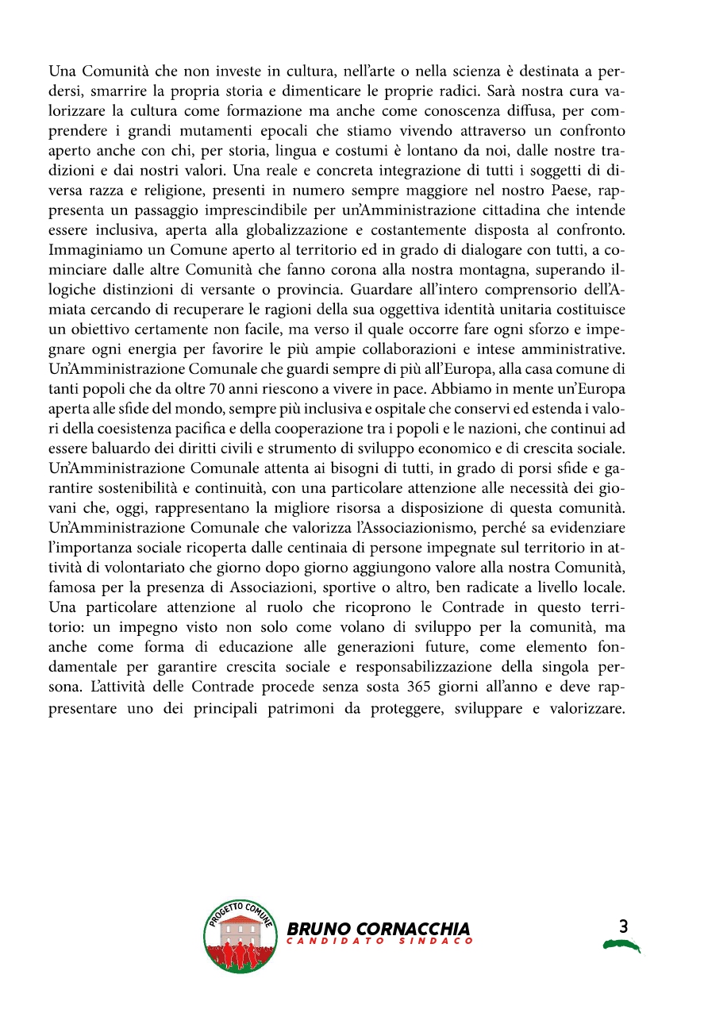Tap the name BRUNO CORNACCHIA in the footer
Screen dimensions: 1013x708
tap(379, 928)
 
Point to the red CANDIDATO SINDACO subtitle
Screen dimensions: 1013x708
tap(380, 942)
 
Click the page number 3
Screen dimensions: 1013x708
tap(622, 926)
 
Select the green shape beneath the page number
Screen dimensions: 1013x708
tap(621, 945)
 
